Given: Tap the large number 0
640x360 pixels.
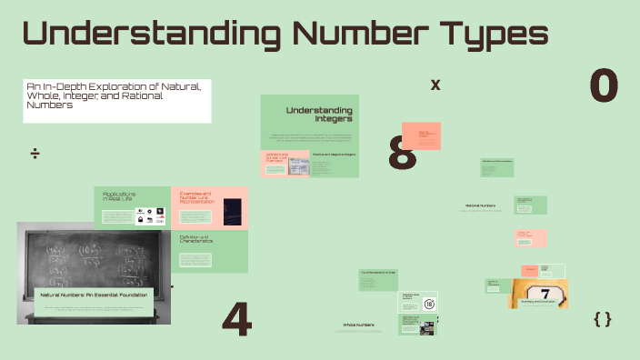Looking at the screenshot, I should click(604, 86).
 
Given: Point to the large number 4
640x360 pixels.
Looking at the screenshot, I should click(236, 319).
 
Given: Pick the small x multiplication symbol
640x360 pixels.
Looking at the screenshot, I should click(435, 85).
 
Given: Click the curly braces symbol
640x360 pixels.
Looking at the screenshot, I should click(602, 318).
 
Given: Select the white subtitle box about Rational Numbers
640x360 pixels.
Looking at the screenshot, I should click(116, 100).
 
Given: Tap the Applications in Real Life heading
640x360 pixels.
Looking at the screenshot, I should click(119, 196).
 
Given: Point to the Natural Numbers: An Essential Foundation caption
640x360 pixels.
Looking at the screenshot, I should click(93, 295).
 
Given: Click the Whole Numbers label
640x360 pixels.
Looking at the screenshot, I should click(358, 325).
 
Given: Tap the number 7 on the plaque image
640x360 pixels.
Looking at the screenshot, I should click(545, 294).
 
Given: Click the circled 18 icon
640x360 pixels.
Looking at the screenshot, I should click(429, 304).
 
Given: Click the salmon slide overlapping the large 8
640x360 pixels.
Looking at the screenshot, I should click(421, 135).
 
